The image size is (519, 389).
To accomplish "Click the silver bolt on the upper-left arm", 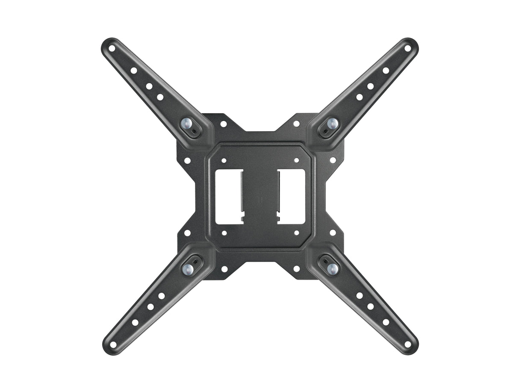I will pos(187,124).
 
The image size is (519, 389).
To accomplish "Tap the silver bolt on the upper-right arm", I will pos(332,124).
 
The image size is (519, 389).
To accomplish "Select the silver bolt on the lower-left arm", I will pos(187,268).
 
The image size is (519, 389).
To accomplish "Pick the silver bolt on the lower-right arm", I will pos(332,268).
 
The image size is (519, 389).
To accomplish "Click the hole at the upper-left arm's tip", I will pos(112,48).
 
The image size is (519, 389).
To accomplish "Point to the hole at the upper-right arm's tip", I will pos(407,48).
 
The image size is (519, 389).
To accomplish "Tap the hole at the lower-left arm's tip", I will pos(113,344).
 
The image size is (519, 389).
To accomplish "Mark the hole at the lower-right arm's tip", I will pos(407,344).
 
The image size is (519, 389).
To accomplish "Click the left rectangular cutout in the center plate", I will pos(229,196).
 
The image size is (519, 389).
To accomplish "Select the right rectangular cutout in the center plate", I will pos(291,196).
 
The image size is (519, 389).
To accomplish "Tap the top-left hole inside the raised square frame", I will pos(224,160).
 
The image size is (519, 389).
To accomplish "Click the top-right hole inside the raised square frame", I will pos(296,160).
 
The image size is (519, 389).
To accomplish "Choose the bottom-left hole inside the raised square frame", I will pos(224,233).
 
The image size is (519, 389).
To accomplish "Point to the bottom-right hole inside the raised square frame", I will pos(296,233).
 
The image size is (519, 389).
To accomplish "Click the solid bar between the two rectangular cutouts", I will pos(260,196).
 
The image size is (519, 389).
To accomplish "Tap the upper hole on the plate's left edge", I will pos(187,160).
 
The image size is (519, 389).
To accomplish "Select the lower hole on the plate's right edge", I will pos(333,233).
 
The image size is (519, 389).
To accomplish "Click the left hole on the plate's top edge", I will pos(223,124).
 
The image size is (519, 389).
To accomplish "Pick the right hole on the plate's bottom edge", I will pos(296,269).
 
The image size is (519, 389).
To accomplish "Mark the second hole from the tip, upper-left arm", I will pos(134,71).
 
